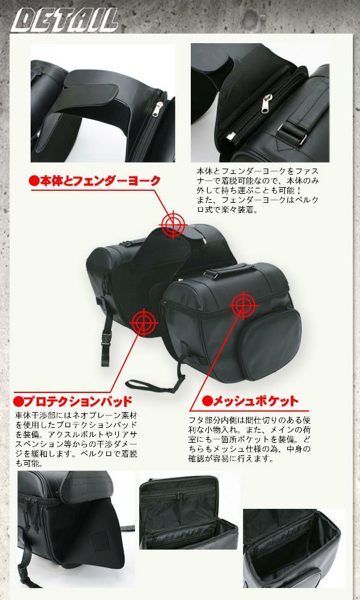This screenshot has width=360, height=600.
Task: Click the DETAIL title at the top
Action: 65,20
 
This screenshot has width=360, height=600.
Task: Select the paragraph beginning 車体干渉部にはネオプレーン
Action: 76,439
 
